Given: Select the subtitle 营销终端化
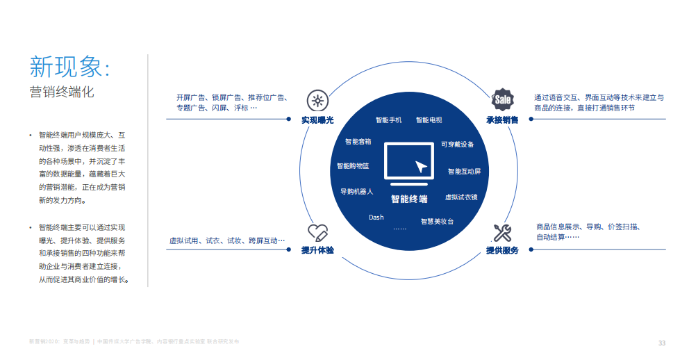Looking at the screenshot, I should [62, 92].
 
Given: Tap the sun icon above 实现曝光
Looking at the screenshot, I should [317, 101].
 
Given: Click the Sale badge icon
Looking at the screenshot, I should [502, 100].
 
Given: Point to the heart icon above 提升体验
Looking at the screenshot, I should [317, 232].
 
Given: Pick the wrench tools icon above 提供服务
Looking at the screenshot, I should [502, 232].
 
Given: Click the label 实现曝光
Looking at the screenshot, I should [317, 120].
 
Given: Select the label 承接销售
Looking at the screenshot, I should [502, 120].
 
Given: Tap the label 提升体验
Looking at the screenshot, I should [317, 250].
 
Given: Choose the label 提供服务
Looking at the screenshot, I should [502, 251].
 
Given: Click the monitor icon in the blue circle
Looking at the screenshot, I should [409, 164].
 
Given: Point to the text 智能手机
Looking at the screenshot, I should [388, 120].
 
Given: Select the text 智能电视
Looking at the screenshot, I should [429, 120].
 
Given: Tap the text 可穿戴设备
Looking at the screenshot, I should [458, 145].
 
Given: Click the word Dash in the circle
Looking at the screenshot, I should [376, 218].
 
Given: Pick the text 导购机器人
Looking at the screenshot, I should [357, 192].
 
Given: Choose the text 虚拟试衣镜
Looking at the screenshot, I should [462, 197].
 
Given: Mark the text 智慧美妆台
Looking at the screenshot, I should [437, 222].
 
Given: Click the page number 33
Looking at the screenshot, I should [662, 343].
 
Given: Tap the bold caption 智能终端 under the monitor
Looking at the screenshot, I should [409, 199].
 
